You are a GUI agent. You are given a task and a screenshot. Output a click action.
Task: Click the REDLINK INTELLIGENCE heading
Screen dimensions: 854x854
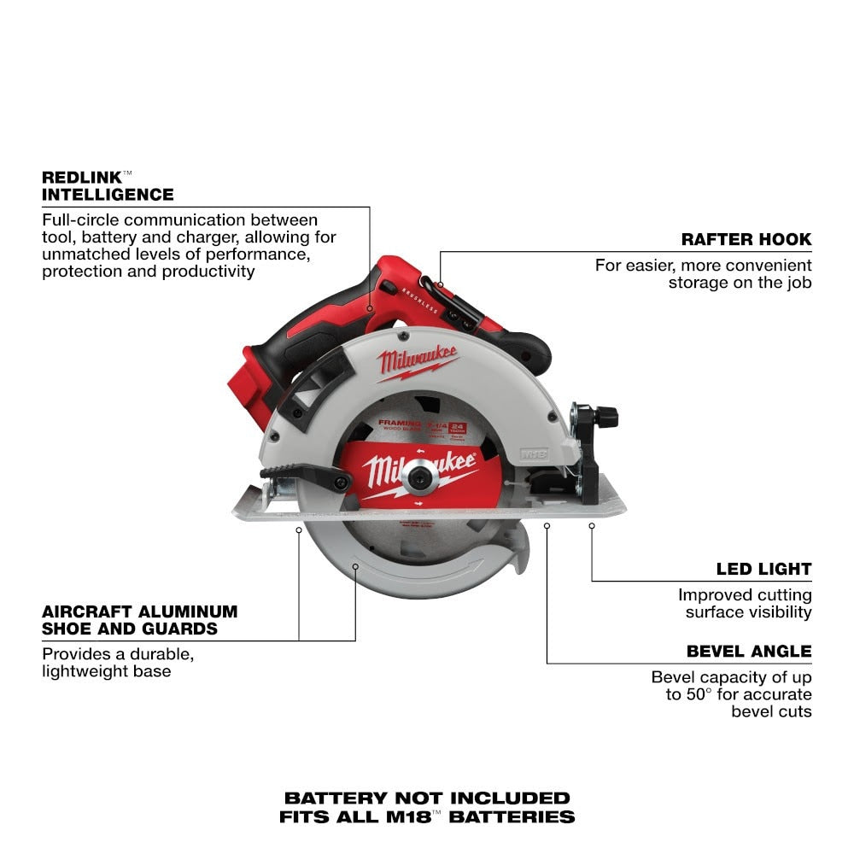click(x=107, y=185)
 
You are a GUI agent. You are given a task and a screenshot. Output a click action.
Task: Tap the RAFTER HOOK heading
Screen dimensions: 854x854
click(x=746, y=239)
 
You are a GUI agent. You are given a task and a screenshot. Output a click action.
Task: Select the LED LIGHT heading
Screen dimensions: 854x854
click(x=763, y=569)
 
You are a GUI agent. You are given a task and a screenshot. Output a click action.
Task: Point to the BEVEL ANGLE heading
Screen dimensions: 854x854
click(x=748, y=651)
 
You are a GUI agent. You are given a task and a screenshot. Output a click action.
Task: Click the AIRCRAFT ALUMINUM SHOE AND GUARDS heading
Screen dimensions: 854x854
click(x=139, y=620)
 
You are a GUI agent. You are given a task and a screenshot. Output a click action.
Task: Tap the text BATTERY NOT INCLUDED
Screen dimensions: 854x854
click(x=426, y=798)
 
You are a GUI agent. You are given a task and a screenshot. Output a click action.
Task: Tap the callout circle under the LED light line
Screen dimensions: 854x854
click(x=591, y=526)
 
